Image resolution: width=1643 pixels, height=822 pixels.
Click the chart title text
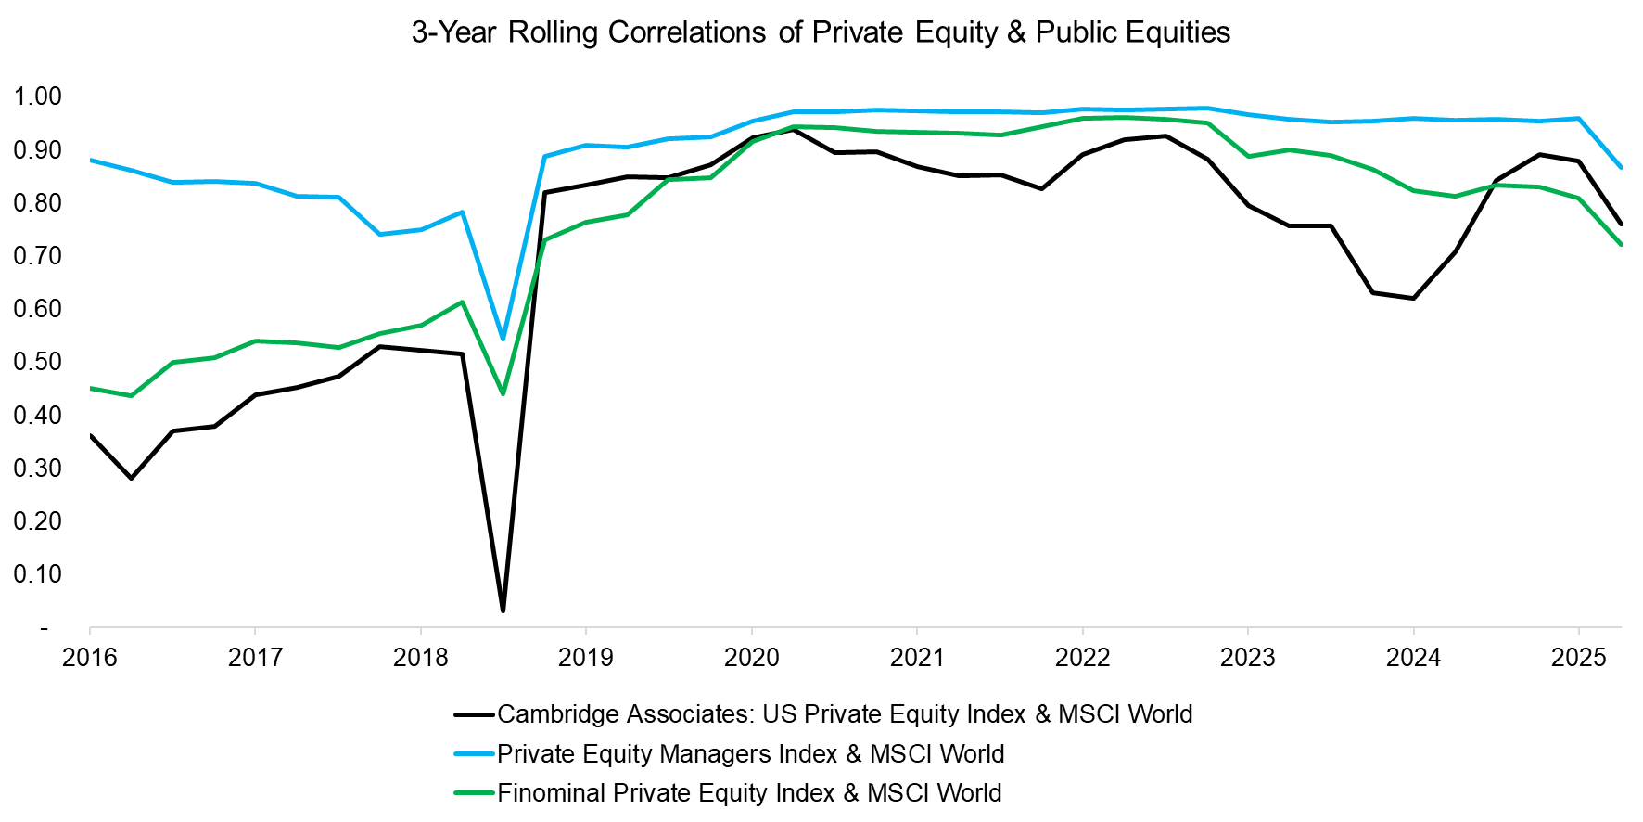click(821, 32)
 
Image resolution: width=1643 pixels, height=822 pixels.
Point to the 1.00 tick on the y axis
click(37, 96)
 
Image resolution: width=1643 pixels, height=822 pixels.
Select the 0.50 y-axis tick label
click(37, 362)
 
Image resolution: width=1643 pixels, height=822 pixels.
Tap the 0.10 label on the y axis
click(37, 574)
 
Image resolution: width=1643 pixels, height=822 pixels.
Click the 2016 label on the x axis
click(90, 658)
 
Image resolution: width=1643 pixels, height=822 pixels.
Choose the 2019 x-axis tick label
click(585, 658)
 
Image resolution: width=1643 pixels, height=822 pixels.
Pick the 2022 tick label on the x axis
click(1082, 658)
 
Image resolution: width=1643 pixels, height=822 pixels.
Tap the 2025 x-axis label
click(1578, 658)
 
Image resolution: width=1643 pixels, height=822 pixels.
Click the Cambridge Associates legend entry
click(844, 714)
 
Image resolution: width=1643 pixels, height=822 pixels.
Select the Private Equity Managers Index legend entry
click(750, 754)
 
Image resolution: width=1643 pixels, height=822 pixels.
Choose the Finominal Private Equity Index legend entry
click(748, 793)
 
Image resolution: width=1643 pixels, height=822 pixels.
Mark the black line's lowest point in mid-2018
click(503, 610)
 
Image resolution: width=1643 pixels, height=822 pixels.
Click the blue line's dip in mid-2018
click(503, 340)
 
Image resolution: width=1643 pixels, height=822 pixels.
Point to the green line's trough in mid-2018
click(503, 394)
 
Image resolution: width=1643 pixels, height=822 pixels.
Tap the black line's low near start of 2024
click(1413, 298)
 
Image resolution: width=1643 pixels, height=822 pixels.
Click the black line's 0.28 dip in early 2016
click(131, 479)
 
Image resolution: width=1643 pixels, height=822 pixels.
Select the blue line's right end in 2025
click(1620, 168)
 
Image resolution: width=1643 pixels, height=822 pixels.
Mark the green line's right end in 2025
click(1620, 244)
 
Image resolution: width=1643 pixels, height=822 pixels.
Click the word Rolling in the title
click(554, 32)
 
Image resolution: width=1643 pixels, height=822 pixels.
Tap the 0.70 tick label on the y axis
click(37, 256)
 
